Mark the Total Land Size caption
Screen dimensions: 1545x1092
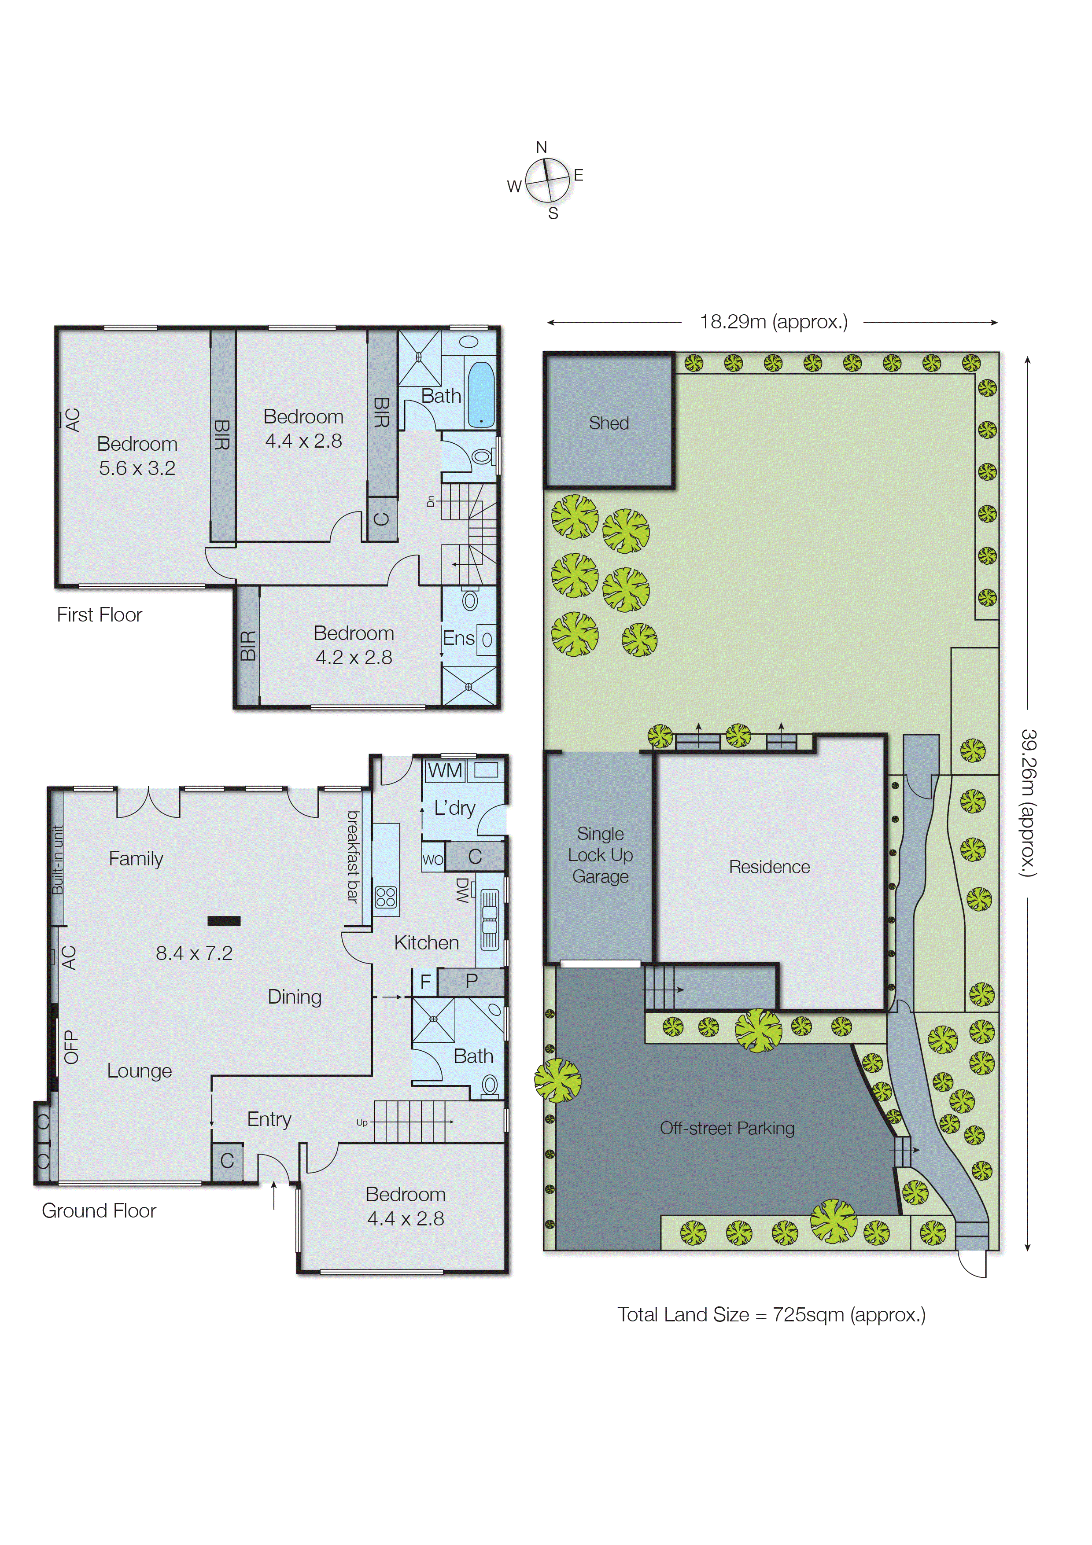coord(771,1314)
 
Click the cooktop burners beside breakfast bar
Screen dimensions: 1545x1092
coord(386,897)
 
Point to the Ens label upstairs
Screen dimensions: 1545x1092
coord(458,638)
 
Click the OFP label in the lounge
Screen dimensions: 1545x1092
coord(71,1047)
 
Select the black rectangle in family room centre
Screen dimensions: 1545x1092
coord(224,921)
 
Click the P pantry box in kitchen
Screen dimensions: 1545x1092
coord(471,981)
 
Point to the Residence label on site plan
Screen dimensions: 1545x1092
coord(770,867)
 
